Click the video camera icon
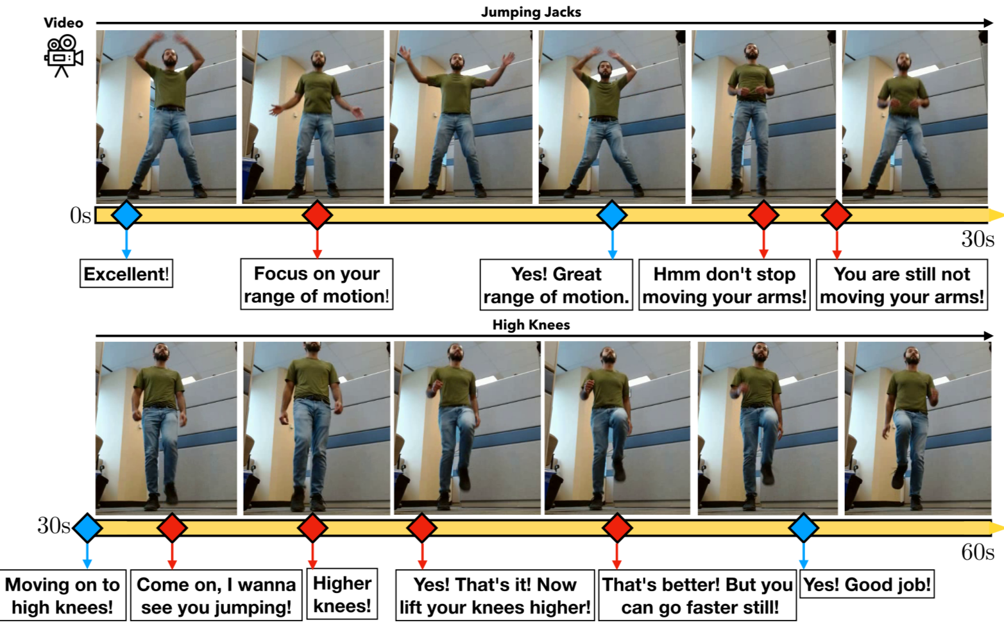[x=64, y=56]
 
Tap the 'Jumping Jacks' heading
[x=531, y=12]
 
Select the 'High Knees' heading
[x=531, y=324]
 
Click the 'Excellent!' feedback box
[x=126, y=274]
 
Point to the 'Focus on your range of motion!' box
[x=317, y=284]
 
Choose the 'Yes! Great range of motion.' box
[x=556, y=285]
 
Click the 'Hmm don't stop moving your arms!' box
[x=724, y=285]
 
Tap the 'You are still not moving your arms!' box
[x=902, y=285]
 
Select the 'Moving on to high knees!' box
[x=63, y=596]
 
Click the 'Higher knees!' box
[x=342, y=595]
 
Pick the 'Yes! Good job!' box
[x=867, y=584]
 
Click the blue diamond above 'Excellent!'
[x=126, y=215]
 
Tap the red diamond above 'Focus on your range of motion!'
[x=318, y=215]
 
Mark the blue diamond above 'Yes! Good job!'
[x=804, y=528]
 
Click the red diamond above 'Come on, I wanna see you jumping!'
[x=172, y=528]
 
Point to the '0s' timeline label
[x=80, y=215]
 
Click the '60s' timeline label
[x=978, y=553]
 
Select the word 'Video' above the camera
[x=64, y=23]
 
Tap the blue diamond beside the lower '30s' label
[x=87, y=528]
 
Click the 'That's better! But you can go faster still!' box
[x=697, y=596]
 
